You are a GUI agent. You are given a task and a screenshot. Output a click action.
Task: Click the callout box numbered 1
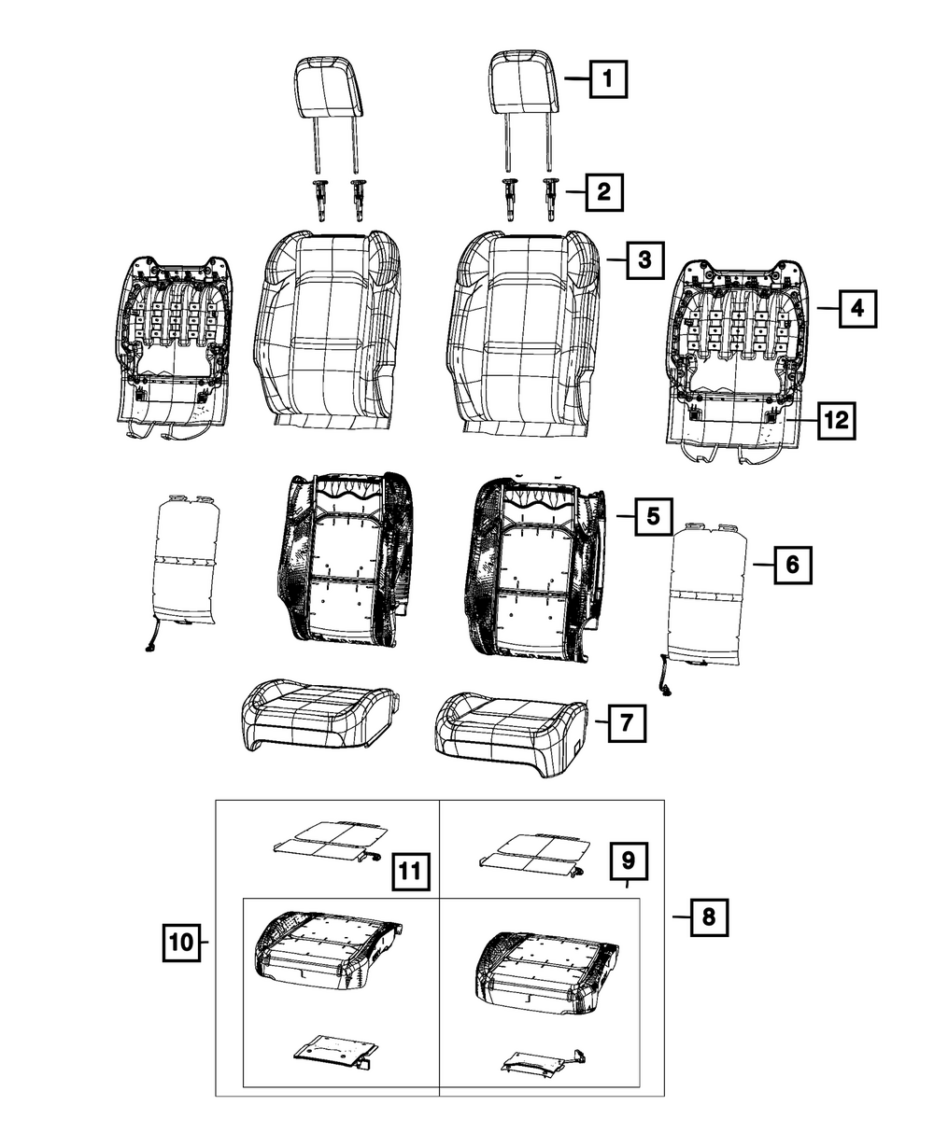pos(607,80)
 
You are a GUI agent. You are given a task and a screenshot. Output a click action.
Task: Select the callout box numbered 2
pos(603,193)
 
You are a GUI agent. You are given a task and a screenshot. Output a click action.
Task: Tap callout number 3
pos(644,260)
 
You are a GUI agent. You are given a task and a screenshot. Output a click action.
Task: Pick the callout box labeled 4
pos(857,307)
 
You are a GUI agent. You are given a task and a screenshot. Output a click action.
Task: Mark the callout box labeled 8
pos(708,917)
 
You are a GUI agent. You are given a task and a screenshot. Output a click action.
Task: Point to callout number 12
pos(836,421)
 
